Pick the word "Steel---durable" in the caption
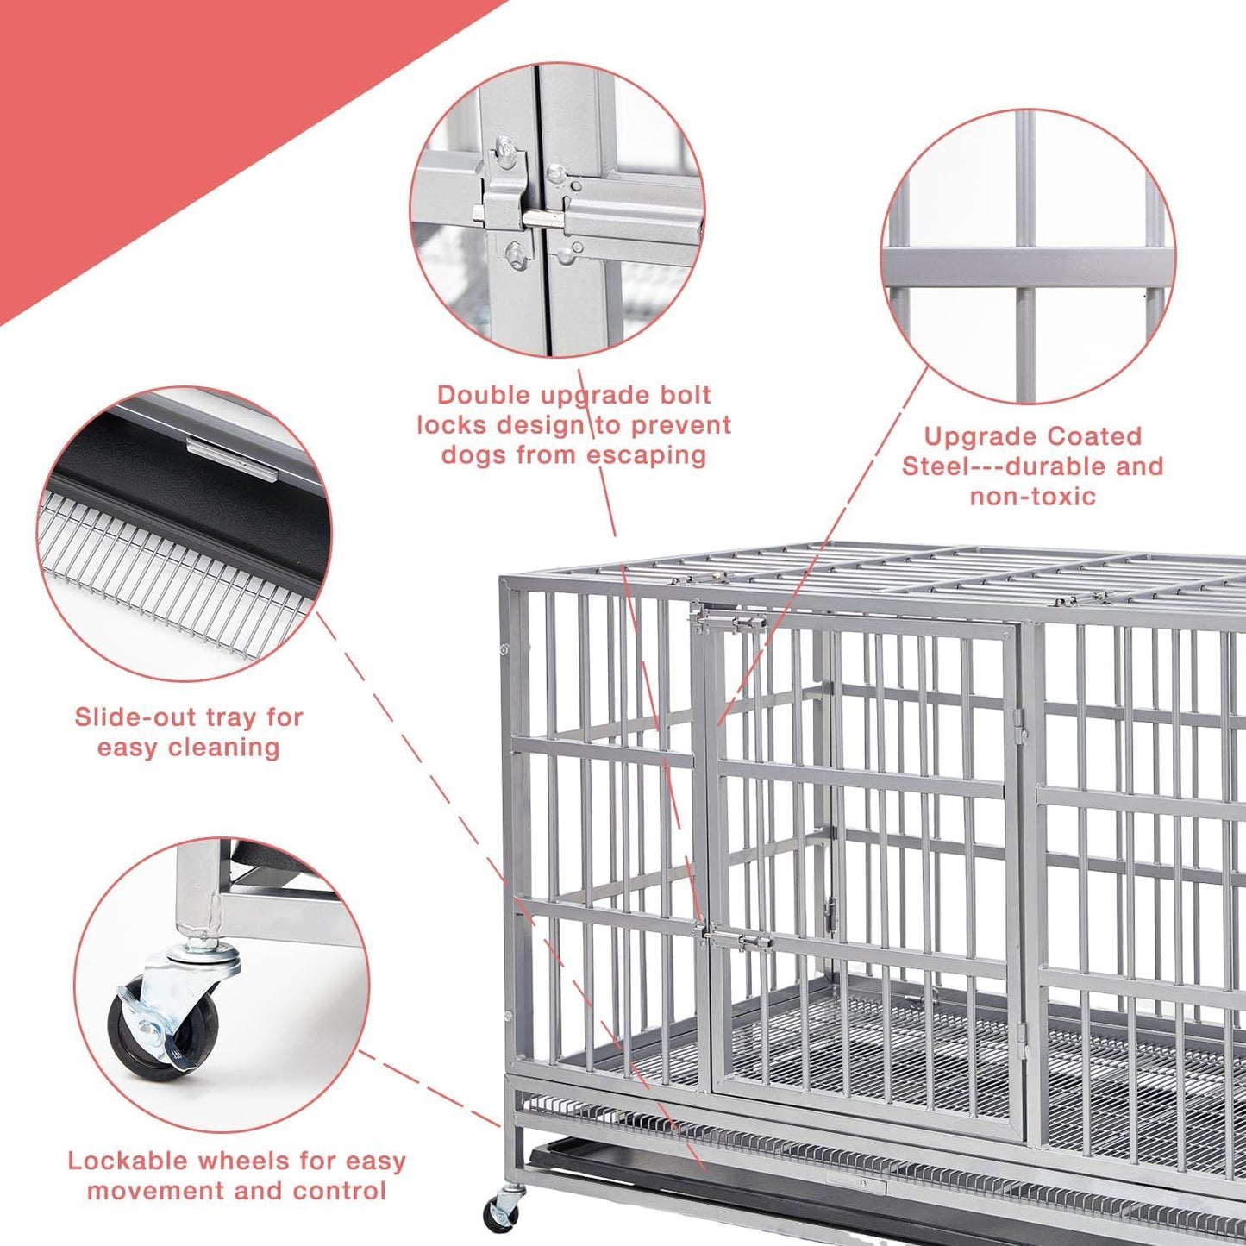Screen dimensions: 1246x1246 tap(999, 466)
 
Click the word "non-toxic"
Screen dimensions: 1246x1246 tap(1032, 497)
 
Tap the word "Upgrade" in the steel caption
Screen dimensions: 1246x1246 tap(974, 436)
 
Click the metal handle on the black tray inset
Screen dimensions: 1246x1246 tap(231, 455)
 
